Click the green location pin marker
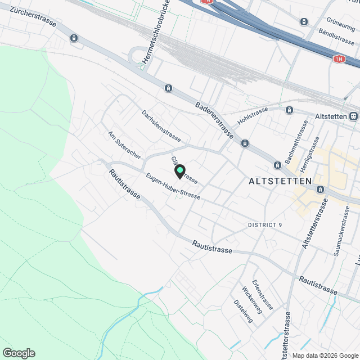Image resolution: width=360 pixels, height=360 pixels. (x=179, y=171)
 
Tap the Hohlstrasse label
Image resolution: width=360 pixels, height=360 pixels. (x=251, y=118)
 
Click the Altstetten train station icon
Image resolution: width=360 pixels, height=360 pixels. (x=353, y=116)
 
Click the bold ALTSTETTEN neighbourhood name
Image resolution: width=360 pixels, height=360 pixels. (x=280, y=181)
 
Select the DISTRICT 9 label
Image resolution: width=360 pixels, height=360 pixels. (x=265, y=225)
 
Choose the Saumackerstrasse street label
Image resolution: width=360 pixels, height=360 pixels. (x=343, y=232)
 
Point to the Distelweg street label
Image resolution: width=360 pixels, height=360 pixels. (x=243, y=311)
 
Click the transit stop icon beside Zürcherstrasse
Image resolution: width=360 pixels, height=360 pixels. (x=74, y=38)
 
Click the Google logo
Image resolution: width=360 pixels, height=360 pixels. (x=18, y=353)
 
